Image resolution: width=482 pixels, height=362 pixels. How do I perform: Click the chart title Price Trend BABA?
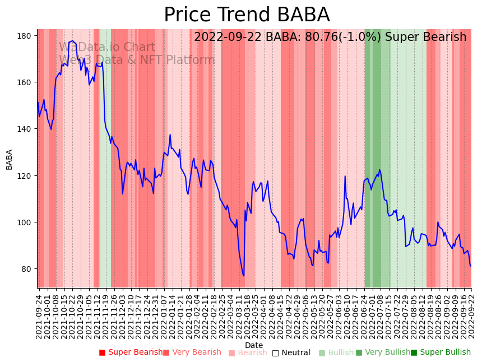(x=247, y=15)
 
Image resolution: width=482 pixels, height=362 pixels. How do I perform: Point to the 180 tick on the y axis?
(x=24, y=36)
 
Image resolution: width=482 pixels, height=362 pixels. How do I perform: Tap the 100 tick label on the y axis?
(x=24, y=222)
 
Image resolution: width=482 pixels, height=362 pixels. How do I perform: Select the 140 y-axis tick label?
(x=24, y=129)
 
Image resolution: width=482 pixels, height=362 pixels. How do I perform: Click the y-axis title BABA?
(x=9, y=159)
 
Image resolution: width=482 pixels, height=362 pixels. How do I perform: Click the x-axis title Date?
(x=254, y=346)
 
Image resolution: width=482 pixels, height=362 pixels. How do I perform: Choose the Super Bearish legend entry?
(x=131, y=352)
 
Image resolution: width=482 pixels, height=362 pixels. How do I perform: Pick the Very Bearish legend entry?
(x=192, y=352)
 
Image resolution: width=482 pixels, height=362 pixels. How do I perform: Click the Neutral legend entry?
(x=291, y=352)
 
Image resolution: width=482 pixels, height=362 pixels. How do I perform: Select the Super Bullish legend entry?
(x=441, y=352)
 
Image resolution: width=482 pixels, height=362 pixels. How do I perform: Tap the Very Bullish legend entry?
(x=383, y=352)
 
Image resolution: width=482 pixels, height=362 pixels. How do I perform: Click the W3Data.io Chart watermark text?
(x=107, y=48)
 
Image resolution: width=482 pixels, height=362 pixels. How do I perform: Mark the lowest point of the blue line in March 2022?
(x=244, y=276)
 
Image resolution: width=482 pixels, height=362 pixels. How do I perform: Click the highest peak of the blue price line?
(x=72, y=41)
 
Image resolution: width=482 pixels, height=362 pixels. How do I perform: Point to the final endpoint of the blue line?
(x=471, y=267)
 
